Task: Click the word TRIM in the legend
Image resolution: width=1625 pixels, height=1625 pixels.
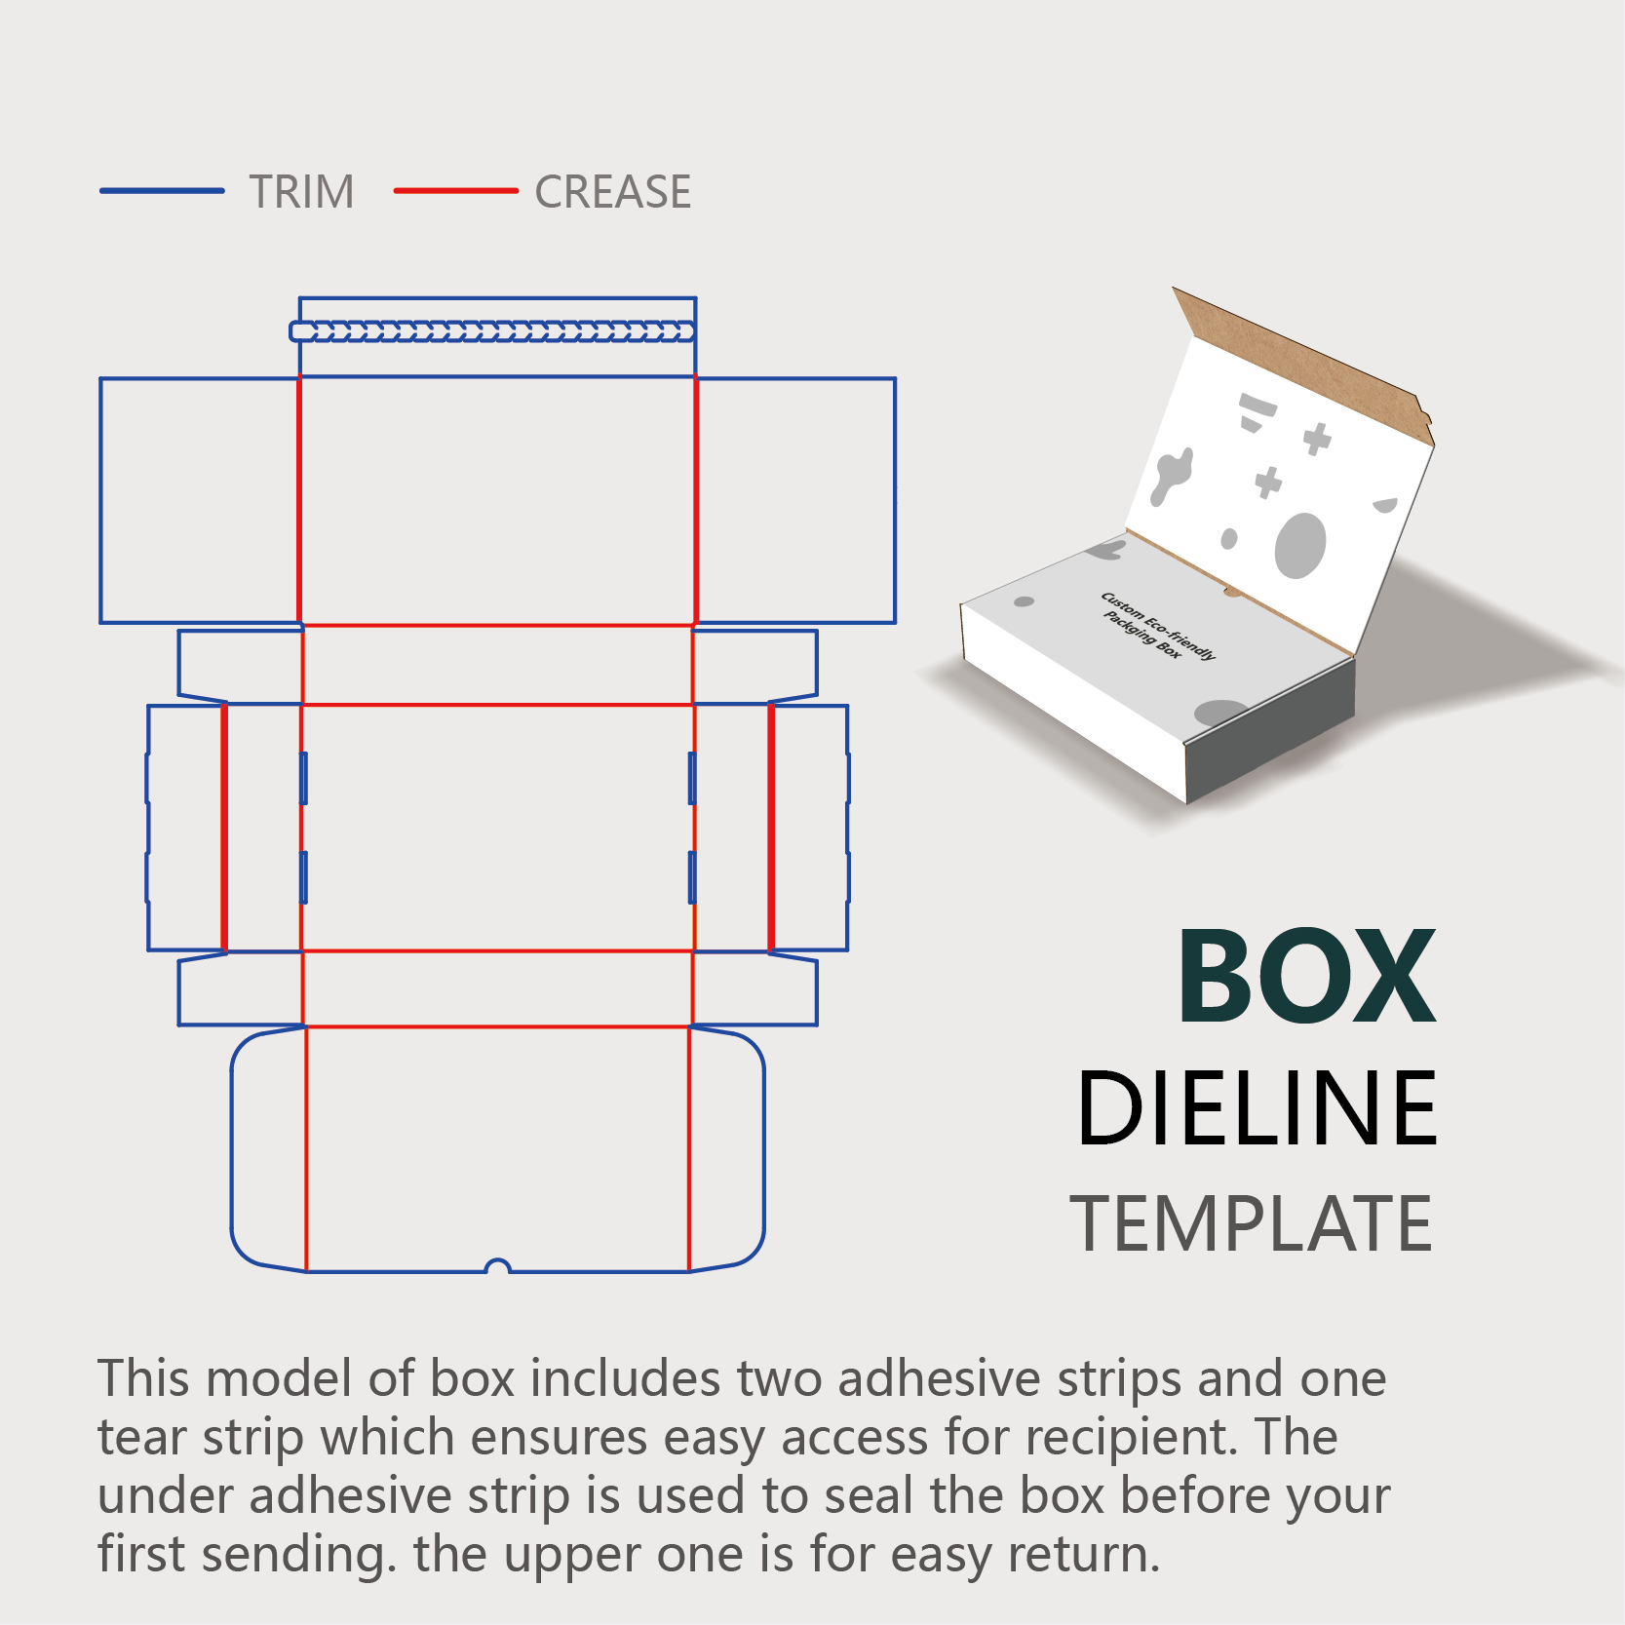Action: coord(301,192)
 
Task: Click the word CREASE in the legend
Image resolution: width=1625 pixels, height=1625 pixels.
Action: coord(612,192)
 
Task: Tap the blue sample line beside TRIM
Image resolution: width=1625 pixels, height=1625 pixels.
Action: coord(162,191)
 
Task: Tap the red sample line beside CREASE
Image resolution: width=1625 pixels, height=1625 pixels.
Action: coord(455,191)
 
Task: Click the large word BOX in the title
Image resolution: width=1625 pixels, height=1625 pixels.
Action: coord(1306,978)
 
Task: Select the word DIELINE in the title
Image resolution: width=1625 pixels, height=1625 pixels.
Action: coord(1257,1108)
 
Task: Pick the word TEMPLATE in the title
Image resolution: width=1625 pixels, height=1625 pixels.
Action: coord(1251,1224)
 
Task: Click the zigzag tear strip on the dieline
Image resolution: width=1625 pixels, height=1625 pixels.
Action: coord(493,331)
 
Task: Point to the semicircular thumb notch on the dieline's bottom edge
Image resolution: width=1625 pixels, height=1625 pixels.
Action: coord(498,1266)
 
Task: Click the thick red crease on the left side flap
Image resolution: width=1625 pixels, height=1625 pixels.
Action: coord(224,827)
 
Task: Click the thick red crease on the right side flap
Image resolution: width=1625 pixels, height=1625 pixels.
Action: coord(771,827)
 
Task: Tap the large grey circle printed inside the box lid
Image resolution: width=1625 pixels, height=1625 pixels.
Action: coord(1300,545)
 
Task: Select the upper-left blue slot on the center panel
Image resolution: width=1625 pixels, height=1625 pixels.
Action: coord(303,777)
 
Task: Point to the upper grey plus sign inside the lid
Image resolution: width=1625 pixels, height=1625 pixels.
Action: coord(1317,439)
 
